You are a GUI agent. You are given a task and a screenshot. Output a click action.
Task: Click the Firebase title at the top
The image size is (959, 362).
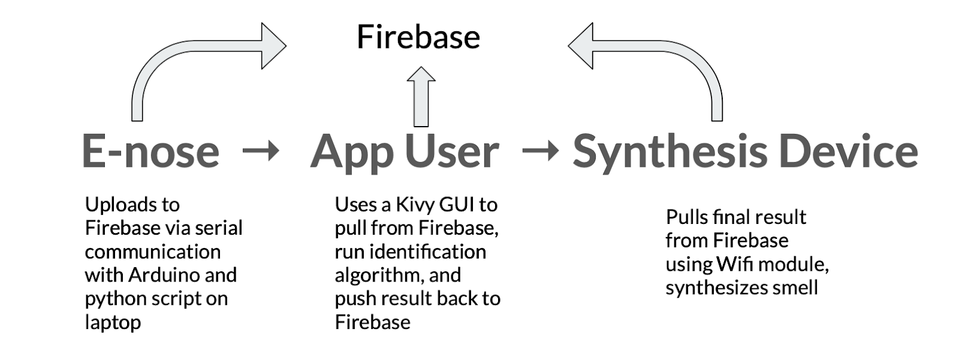418,37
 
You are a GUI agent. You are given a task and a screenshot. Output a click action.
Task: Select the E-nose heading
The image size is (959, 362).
150,151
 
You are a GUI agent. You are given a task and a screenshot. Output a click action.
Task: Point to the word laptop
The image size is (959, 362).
113,322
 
